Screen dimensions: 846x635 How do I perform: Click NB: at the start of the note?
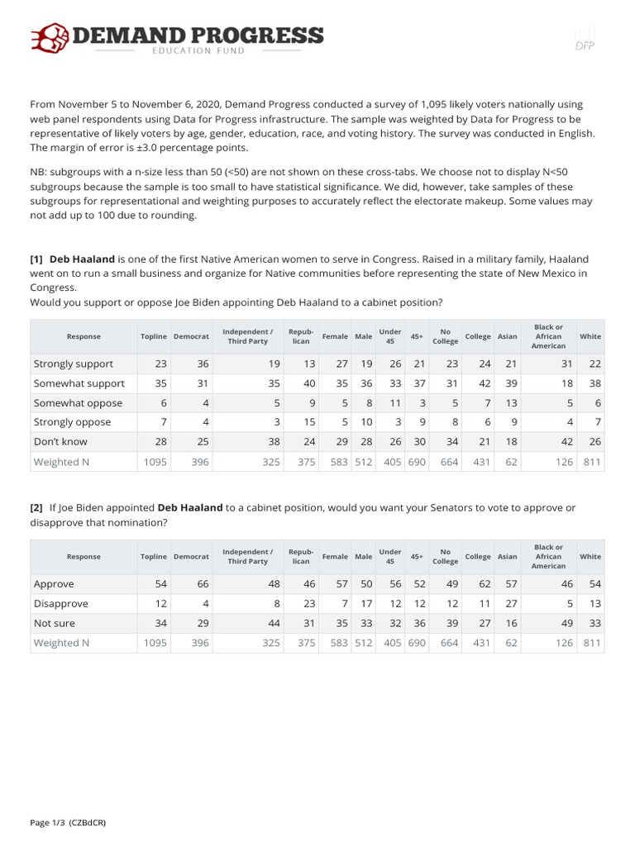click(39, 171)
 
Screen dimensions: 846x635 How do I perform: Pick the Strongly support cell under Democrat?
click(203, 364)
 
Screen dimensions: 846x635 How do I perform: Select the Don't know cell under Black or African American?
click(565, 442)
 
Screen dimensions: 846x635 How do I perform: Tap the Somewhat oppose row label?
click(78, 403)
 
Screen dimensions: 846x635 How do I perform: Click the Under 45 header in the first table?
click(389, 336)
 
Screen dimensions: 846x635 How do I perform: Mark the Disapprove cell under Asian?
click(509, 603)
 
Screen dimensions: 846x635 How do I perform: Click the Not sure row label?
click(55, 623)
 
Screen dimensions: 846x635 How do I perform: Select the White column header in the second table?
click(590, 557)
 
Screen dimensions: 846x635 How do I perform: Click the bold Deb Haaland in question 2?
click(190, 507)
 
